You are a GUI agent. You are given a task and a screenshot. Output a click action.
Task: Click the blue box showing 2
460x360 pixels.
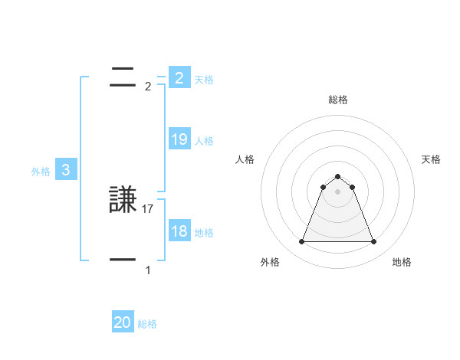pyautogui.click(x=179, y=78)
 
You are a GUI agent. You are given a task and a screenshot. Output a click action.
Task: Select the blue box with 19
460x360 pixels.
pyautogui.click(x=179, y=139)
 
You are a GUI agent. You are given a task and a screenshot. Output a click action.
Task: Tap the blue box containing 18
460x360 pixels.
pyautogui.click(x=179, y=231)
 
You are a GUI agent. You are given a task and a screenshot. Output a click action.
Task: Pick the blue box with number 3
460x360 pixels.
pyautogui.click(x=66, y=170)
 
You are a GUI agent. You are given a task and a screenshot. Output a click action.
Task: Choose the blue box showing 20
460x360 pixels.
pyautogui.click(x=123, y=323)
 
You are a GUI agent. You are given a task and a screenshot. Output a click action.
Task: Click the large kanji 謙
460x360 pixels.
pyautogui.click(x=123, y=200)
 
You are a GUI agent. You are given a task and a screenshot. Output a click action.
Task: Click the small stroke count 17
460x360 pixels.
pyautogui.click(x=149, y=208)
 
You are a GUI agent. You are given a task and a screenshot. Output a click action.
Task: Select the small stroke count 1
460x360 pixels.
pyautogui.click(x=148, y=270)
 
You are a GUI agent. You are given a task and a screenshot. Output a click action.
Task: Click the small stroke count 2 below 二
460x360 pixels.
pyautogui.click(x=148, y=87)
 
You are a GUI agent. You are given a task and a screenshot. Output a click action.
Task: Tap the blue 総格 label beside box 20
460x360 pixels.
pyautogui.click(x=147, y=324)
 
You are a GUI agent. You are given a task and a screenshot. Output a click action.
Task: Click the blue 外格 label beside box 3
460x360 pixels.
pyautogui.click(x=41, y=172)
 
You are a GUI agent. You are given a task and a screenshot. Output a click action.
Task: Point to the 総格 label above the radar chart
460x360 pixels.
pyautogui.click(x=337, y=100)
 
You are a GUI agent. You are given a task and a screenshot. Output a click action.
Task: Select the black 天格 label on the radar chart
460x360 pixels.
pyautogui.click(x=431, y=159)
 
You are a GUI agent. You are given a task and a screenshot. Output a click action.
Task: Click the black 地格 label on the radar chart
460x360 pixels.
pyautogui.click(x=402, y=262)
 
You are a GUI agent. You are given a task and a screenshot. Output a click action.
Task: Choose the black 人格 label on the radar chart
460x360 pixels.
pyautogui.click(x=245, y=159)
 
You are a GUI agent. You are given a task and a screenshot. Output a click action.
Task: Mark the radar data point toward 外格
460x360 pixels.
pyautogui.click(x=301, y=242)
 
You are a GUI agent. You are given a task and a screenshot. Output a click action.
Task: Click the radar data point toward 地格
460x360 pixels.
pyautogui.click(x=373, y=242)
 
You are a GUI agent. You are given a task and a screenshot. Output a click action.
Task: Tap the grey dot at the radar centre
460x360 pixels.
pyautogui.click(x=337, y=191)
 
